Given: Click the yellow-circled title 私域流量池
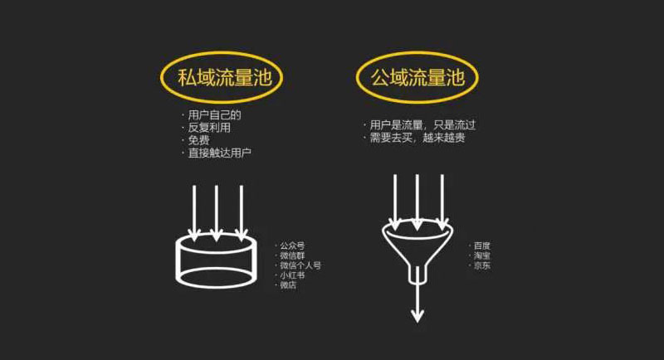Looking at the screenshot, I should (x=220, y=78).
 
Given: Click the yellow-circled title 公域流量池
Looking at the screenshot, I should (x=417, y=78).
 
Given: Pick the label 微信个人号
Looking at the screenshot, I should (x=300, y=265).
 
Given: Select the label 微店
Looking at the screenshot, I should (x=288, y=285).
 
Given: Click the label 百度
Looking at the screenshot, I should (x=482, y=246).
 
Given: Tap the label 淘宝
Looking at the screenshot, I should (x=482, y=255).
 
